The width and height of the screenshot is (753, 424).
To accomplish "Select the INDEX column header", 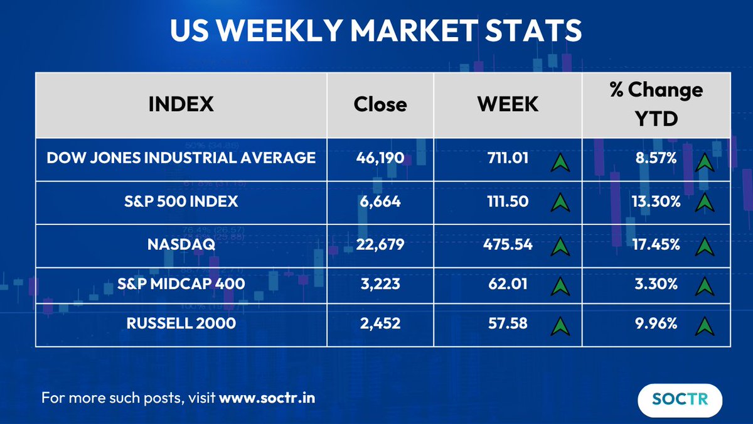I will click(x=181, y=104).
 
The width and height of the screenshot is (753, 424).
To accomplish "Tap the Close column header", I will click(x=380, y=104).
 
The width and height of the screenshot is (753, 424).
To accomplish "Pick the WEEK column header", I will click(x=508, y=104).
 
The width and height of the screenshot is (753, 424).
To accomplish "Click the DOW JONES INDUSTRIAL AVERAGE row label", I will click(x=181, y=158).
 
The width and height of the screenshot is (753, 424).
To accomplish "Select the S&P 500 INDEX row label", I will click(x=181, y=202).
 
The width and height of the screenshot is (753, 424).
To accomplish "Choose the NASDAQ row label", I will click(x=181, y=244).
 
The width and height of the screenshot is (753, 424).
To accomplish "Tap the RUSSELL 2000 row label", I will click(x=181, y=325).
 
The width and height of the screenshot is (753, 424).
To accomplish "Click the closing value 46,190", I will click(x=380, y=158).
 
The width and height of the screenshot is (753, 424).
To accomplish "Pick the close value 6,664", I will click(x=380, y=202).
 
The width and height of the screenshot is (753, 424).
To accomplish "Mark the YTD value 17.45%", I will click(x=657, y=244).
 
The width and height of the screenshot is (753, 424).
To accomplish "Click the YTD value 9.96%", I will click(x=657, y=325).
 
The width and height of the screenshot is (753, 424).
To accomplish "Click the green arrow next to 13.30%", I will click(x=705, y=203).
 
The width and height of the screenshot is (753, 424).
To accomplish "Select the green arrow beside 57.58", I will click(x=560, y=326).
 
